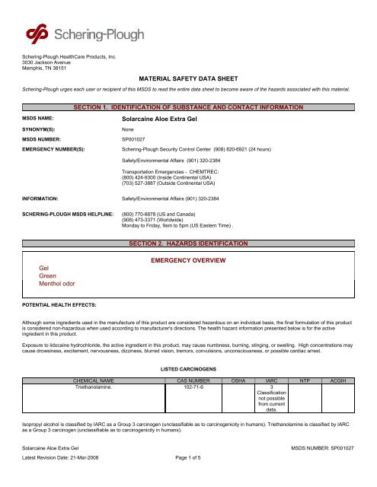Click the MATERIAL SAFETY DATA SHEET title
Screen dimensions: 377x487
coord(188,78)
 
